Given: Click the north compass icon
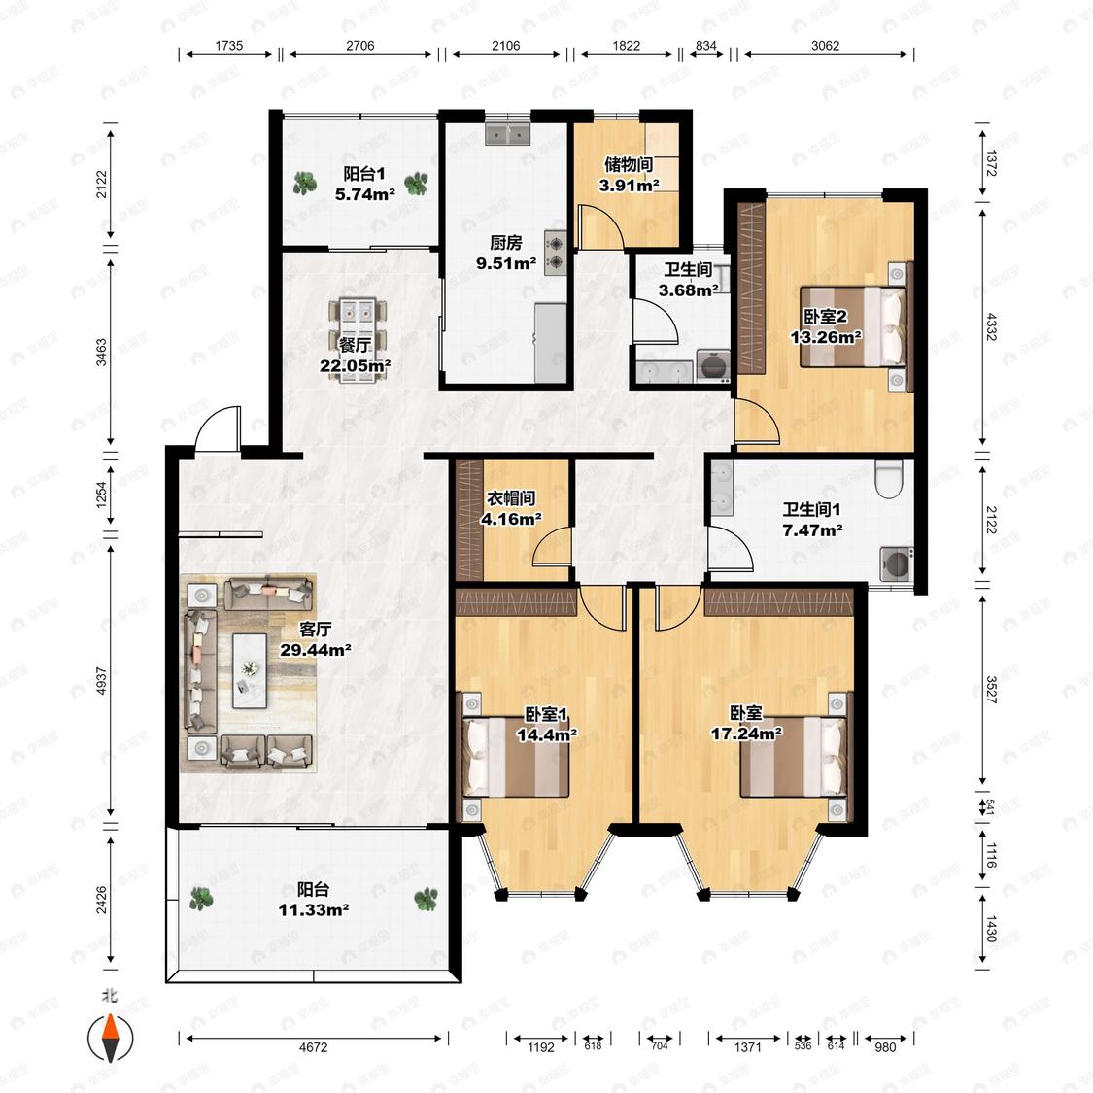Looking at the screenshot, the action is click(110, 1038).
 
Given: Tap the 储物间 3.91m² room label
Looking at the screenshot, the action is click(629, 174).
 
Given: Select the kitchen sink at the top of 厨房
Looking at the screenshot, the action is click(507, 133).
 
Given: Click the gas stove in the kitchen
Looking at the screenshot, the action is click(556, 253).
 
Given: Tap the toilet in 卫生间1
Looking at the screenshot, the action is click(889, 477).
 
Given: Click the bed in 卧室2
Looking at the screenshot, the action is click(854, 326).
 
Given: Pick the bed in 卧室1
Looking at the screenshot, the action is click(516, 758).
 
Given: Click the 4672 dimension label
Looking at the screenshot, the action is click(313, 1047).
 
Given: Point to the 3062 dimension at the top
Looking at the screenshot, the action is click(825, 46).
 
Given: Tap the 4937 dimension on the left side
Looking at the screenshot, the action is click(102, 680).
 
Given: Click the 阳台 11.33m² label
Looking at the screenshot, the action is click(314, 900).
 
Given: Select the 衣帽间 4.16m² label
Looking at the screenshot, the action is click(511, 508).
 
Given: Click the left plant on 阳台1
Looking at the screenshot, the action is click(305, 184).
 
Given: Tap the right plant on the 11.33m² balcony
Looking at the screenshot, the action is click(426, 899).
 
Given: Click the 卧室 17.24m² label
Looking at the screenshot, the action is click(746, 723).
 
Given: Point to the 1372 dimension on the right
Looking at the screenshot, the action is click(991, 163).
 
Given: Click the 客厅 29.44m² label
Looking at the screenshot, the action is click(315, 639).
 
